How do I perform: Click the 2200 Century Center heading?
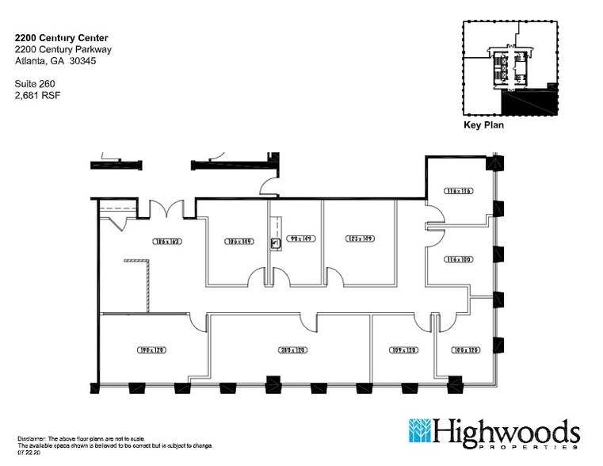62,37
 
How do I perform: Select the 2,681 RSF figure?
37,95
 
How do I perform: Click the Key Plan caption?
483,125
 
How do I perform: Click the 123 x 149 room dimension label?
359,238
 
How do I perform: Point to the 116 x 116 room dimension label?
458,192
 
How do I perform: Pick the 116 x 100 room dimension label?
458,258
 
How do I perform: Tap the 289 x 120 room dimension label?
292,349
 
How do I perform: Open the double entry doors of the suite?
167,210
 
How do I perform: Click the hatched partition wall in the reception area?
147,285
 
